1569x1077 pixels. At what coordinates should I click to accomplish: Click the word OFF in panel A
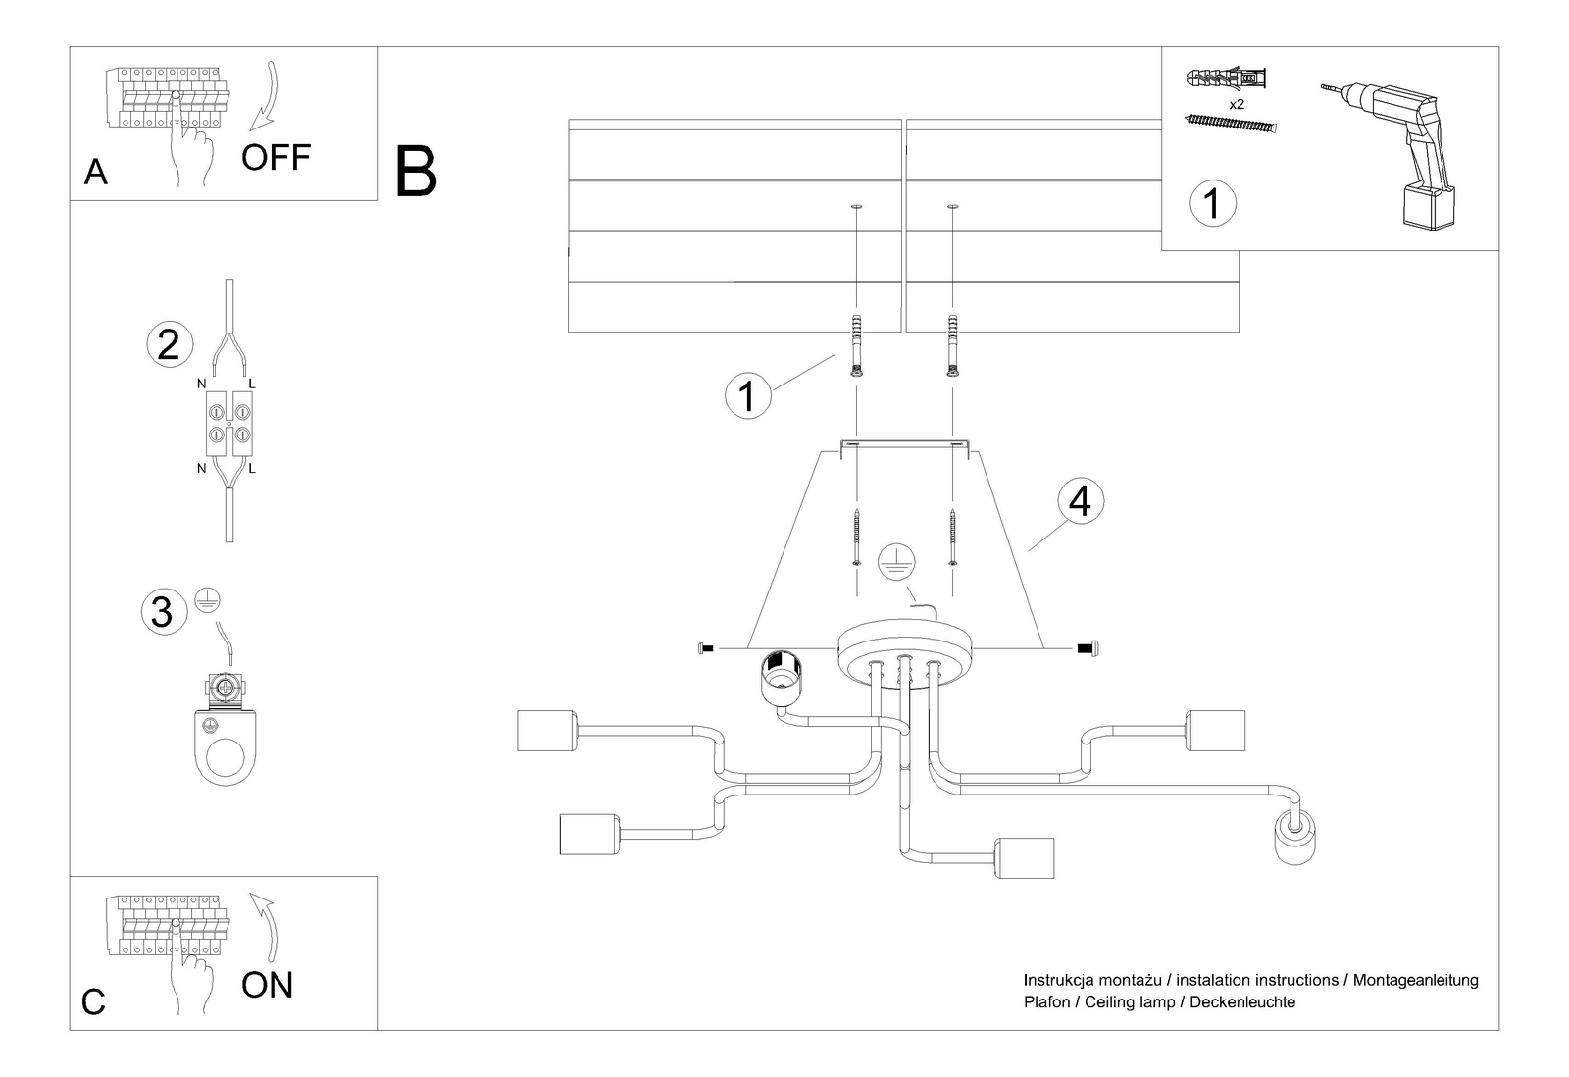276,157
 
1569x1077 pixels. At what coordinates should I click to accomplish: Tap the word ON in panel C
267,984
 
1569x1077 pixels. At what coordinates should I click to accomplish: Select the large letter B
416,172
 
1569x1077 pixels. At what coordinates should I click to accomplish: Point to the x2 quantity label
1236,103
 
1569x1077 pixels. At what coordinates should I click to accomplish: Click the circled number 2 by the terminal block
168,345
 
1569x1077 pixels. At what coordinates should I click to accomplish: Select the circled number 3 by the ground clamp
163,611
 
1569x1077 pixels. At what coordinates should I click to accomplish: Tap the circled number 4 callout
1079,501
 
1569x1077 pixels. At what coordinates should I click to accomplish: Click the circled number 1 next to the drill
1212,204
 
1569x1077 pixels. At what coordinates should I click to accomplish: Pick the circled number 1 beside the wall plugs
748,396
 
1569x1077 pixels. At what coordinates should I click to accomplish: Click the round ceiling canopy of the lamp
904,646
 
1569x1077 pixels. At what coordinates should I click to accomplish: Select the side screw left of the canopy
705,648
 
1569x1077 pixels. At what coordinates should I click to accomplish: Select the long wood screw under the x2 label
1233,124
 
